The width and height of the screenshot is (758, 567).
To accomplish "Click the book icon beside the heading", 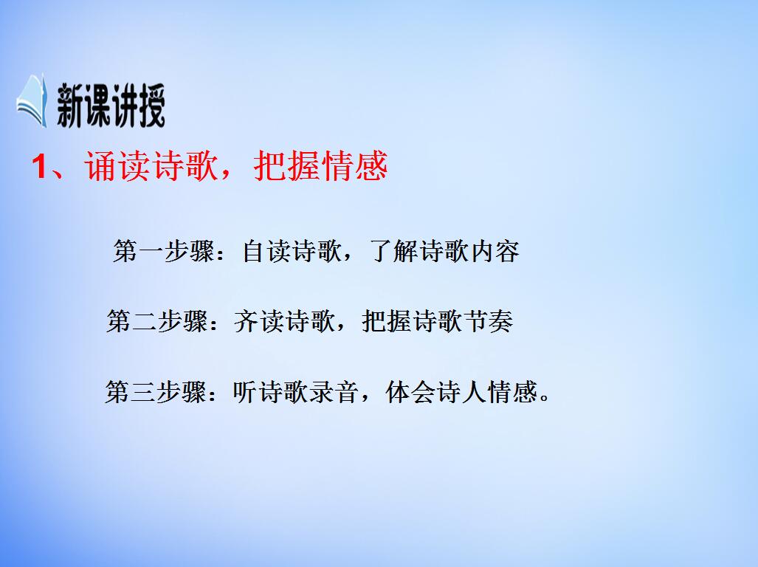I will coord(32,101).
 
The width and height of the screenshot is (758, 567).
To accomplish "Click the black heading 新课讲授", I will coord(110,106).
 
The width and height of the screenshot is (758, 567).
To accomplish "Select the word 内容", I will coord(494,252).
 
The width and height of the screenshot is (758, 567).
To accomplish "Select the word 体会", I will coord(410,392).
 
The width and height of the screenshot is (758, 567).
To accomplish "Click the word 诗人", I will coord(461,392).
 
